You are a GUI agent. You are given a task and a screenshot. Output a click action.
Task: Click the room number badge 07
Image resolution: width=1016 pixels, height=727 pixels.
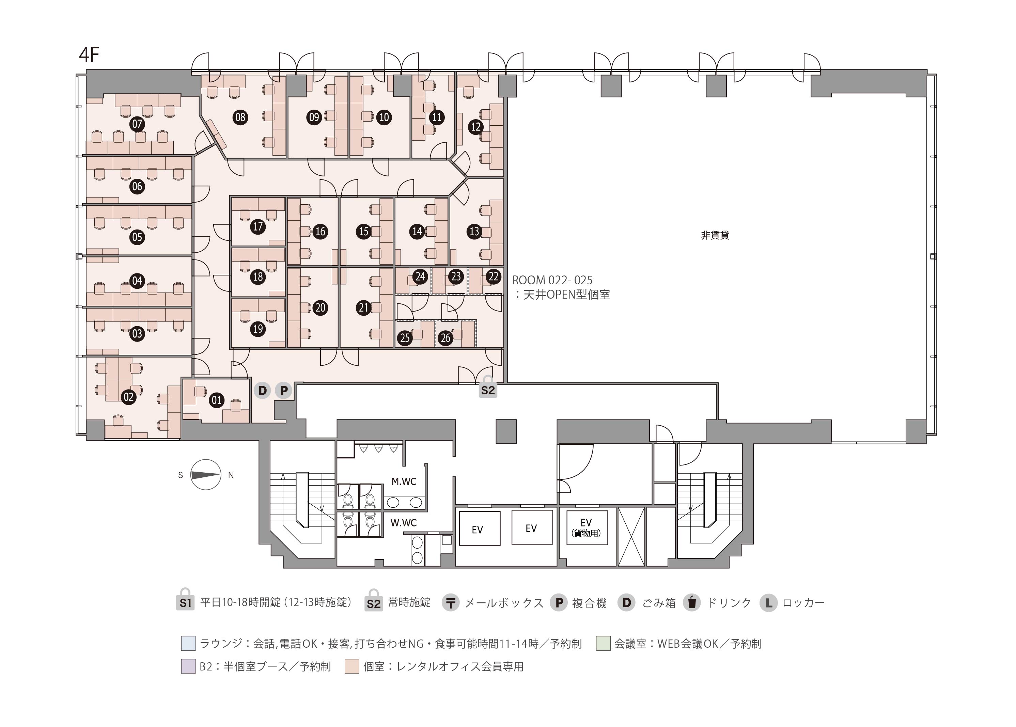click(x=137, y=124)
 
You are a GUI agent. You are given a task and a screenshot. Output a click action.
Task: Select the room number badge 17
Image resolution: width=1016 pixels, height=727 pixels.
click(x=258, y=226)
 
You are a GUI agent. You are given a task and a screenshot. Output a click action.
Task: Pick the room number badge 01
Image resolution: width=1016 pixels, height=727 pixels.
click(x=217, y=400)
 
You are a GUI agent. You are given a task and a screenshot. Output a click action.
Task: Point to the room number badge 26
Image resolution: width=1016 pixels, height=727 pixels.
click(x=445, y=338)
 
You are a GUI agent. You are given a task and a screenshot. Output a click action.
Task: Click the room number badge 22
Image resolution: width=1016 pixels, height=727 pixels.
click(x=494, y=276)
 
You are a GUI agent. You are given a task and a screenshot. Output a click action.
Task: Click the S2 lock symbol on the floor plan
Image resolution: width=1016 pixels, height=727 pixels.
click(x=488, y=388)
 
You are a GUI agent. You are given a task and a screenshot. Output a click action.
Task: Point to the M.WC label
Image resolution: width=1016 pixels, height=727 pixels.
click(x=404, y=482)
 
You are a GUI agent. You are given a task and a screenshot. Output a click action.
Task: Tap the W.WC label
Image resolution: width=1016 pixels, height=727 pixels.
click(x=404, y=523)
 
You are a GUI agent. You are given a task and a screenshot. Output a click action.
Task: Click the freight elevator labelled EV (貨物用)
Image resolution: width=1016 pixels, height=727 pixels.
click(x=587, y=528)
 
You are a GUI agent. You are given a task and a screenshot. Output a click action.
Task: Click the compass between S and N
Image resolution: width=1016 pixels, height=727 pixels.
click(x=206, y=475)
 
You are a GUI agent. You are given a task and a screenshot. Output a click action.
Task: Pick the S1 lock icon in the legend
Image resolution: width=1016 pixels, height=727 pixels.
click(x=185, y=600)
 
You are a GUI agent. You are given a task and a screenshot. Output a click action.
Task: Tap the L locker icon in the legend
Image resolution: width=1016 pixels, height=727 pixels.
click(x=768, y=603)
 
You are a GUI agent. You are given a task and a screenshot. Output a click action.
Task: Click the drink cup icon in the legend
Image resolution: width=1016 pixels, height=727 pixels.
click(x=692, y=603)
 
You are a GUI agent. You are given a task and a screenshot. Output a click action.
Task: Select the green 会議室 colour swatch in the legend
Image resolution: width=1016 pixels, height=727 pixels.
click(x=603, y=643)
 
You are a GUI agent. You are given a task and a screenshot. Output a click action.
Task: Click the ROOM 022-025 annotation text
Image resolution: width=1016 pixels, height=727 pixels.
click(x=552, y=280)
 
